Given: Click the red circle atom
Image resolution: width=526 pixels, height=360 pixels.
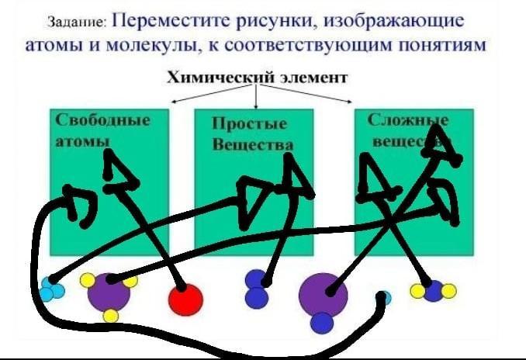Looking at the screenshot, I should (185, 299).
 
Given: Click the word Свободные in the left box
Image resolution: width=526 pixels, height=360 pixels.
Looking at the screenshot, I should (102, 120).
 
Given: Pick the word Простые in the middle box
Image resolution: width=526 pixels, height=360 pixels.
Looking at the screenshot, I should (249, 123).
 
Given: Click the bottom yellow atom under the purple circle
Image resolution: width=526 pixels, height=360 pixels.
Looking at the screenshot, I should (110, 315).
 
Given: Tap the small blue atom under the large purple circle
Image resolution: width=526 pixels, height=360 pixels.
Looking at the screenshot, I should (322, 321).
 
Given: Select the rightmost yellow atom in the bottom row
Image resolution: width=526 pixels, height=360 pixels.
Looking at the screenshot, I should (449, 291).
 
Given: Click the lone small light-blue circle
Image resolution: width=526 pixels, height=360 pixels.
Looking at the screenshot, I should (386, 296).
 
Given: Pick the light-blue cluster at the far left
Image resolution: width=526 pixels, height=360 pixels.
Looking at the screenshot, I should (51, 289).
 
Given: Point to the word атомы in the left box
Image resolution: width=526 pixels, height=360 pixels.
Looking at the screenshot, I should (81, 141).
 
